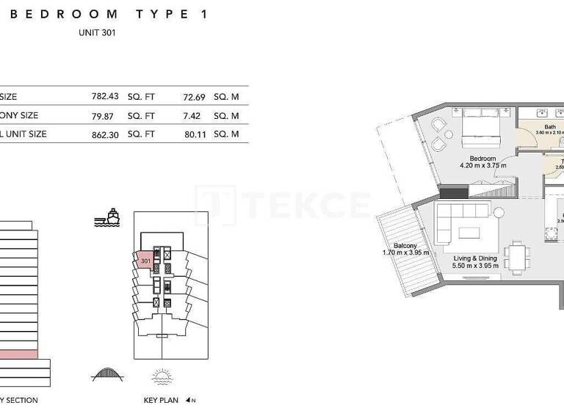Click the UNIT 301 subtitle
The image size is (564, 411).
(96, 32)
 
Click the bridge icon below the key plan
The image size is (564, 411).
(107, 374)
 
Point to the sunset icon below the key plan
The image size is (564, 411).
(162, 376)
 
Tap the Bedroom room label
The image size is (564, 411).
(482, 159)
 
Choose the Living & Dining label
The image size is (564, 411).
(476, 258)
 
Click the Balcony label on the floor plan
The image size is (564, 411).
(405, 246)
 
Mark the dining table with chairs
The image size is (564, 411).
(518, 258)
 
